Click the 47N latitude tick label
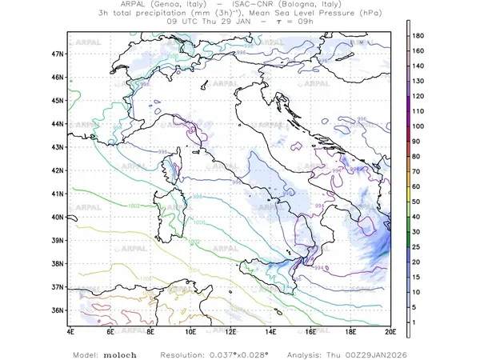pyautogui.click(x=58, y=54)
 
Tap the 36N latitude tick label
pyautogui.click(x=58, y=310)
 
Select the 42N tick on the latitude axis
pyautogui.click(x=58, y=170)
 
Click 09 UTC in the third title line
pyautogui.click(x=181, y=22)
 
